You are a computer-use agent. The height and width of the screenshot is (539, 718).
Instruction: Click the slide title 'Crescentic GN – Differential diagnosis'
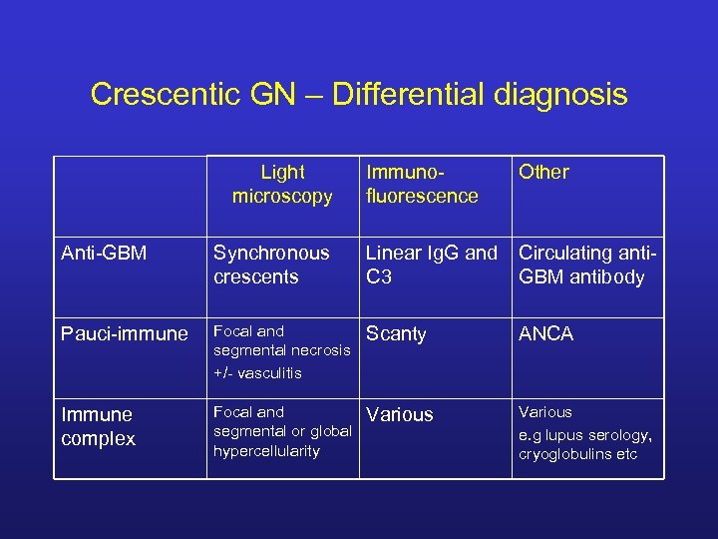pyautogui.click(x=359, y=95)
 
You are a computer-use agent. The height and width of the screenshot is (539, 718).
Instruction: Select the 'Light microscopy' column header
pyautogui.click(x=282, y=185)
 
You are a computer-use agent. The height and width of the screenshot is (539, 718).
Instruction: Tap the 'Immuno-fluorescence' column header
pyautogui.click(x=422, y=185)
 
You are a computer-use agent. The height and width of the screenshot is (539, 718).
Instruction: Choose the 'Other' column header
pyautogui.click(x=543, y=173)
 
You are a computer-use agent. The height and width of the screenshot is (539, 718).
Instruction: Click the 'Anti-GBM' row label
pyautogui.click(x=104, y=254)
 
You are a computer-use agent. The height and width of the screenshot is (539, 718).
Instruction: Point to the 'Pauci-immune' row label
pyautogui.click(x=124, y=334)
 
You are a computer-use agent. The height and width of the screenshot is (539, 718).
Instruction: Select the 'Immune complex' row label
pyautogui.click(x=98, y=426)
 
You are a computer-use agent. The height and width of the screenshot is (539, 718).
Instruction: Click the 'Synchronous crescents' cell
pyautogui.click(x=271, y=265)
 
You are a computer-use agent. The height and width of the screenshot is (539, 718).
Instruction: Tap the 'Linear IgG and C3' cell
pyautogui.click(x=431, y=265)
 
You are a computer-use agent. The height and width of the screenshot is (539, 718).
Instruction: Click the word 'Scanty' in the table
pyautogui.click(x=396, y=334)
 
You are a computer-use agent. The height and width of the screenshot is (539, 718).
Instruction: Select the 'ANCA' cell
pyautogui.click(x=545, y=334)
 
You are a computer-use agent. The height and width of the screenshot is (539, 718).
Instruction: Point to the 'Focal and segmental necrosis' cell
pyautogui.click(x=282, y=340)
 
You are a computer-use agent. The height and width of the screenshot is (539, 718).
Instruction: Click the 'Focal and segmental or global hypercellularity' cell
pyautogui.click(x=282, y=431)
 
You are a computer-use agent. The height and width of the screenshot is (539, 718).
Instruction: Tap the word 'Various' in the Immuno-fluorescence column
pyautogui.click(x=400, y=414)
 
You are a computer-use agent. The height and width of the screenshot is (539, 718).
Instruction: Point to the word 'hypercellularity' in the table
pyautogui.click(x=267, y=451)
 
